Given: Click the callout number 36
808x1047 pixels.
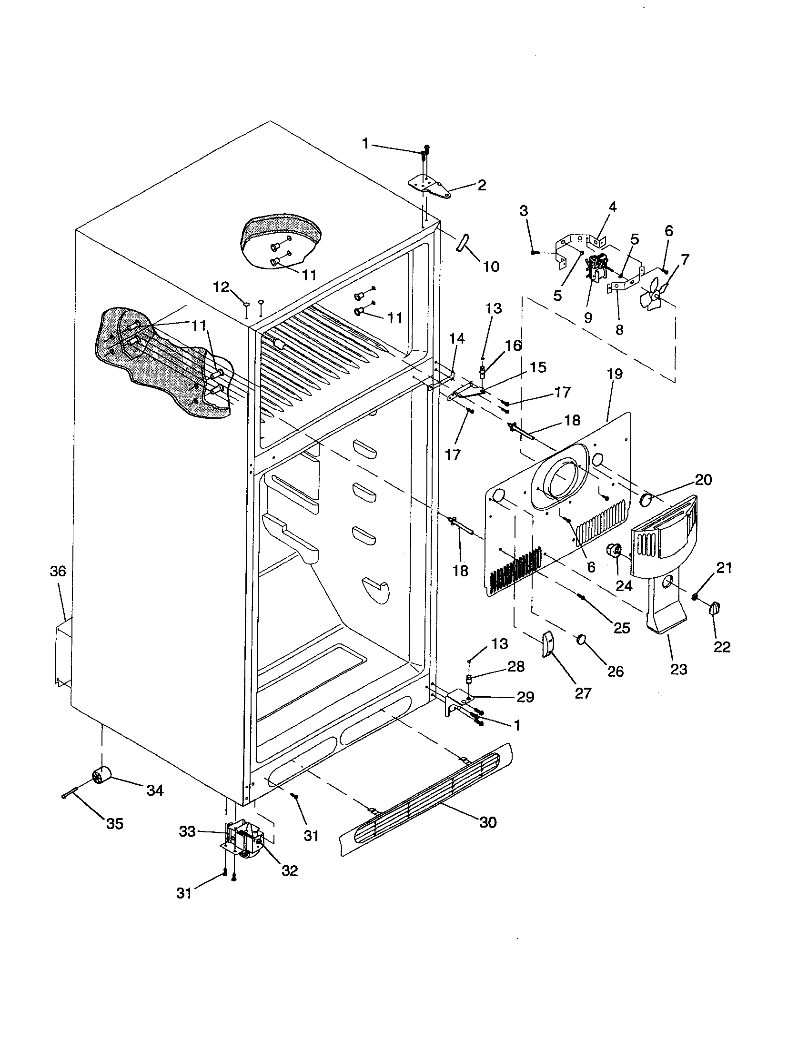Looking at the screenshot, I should [x=58, y=571].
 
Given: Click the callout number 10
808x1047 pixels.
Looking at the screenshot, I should [x=491, y=267].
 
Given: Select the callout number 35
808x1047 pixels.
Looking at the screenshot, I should [x=114, y=824].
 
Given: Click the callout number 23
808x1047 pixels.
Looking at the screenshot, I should [x=678, y=669].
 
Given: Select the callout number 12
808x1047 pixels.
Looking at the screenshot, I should [x=222, y=286].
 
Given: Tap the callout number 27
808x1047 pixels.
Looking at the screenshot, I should [x=583, y=693].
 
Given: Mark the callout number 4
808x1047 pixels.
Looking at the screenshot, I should [x=613, y=207].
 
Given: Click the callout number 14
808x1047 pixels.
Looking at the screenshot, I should [x=457, y=338].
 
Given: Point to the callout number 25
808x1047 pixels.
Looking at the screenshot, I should [x=622, y=628].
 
